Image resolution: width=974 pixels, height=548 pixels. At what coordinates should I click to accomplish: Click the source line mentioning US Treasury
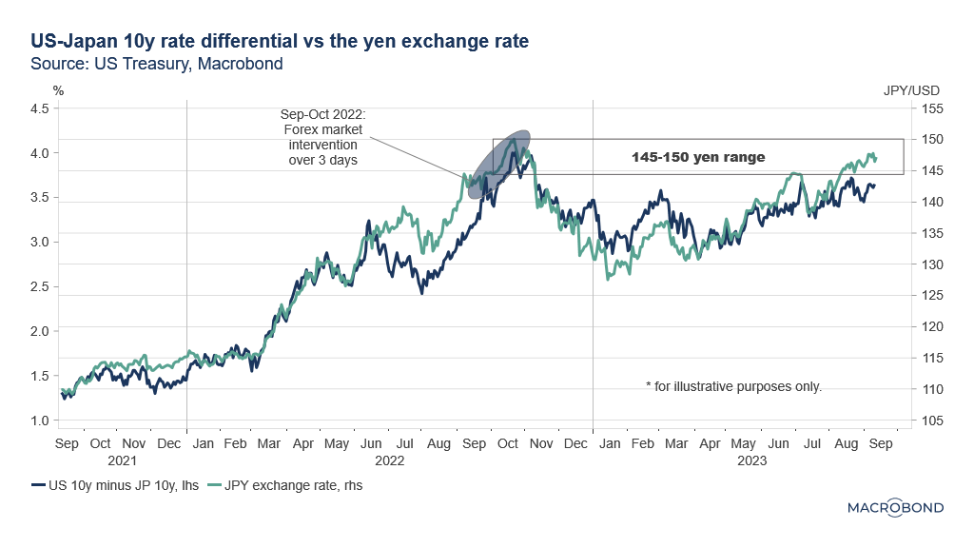click(x=157, y=64)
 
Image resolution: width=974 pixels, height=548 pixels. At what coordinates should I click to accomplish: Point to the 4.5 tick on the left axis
click(x=39, y=109)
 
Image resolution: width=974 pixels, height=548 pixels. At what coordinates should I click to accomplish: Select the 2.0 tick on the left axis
click(x=39, y=331)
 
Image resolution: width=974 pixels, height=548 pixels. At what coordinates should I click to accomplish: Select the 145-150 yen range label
click(x=699, y=157)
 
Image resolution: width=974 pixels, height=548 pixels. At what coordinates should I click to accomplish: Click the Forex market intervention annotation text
click(x=321, y=138)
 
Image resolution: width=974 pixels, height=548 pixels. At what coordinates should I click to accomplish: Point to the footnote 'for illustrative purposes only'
click(x=733, y=386)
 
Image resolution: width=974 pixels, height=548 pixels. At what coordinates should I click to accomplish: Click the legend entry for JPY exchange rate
click(x=291, y=485)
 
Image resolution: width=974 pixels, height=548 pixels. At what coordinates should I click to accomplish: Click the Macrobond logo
click(x=895, y=507)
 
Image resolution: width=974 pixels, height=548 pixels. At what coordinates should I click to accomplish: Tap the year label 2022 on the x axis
click(x=389, y=460)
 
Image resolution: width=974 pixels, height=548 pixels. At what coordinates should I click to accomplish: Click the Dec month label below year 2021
click(x=169, y=443)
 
